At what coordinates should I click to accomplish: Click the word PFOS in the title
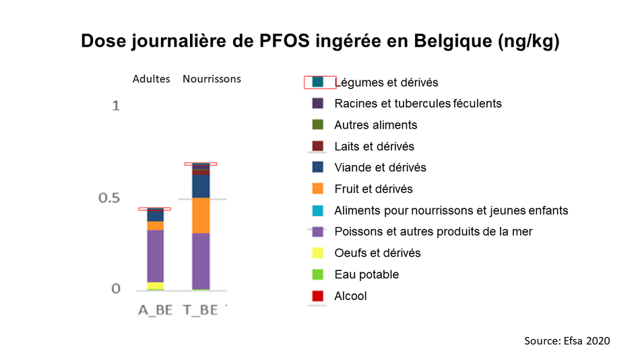284,41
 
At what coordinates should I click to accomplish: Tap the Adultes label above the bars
151,79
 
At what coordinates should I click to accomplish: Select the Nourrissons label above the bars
212,79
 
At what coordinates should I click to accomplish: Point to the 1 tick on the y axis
116,107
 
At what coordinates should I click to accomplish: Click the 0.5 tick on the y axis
109,198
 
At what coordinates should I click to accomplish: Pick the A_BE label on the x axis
155,310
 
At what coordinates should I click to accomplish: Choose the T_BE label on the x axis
200,310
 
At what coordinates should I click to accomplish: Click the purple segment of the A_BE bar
156,256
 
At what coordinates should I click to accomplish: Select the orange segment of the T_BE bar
201,216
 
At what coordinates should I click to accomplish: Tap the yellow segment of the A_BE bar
156,286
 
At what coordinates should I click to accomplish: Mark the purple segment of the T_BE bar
201,261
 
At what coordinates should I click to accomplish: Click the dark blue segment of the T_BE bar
201,186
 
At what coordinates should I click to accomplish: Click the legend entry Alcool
339,296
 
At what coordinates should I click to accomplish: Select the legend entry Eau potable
355,274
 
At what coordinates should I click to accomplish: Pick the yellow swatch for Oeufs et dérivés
317,253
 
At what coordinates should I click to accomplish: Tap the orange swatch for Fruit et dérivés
317,189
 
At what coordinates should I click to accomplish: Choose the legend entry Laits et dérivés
363,146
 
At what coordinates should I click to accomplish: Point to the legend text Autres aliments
375,125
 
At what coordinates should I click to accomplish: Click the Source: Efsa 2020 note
567,341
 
